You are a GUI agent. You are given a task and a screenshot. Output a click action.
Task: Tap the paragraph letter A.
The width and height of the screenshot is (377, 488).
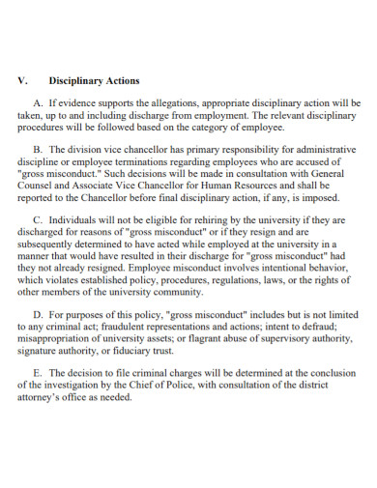[38, 102]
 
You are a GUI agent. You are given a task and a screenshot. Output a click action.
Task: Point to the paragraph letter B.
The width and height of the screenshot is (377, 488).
[38, 150]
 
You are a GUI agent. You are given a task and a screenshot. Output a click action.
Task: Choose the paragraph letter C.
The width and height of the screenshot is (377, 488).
[38, 219]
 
